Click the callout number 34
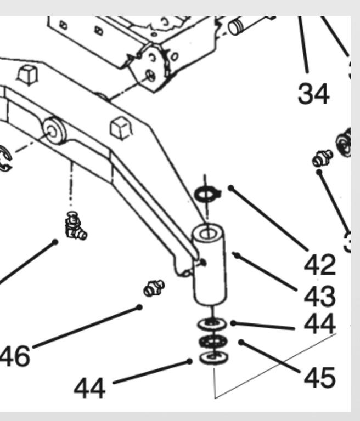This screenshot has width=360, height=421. (313, 94)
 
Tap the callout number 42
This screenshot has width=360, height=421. (319, 265)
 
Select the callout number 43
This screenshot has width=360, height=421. (319, 297)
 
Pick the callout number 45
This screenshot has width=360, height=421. (319, 377)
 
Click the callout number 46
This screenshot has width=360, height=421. (15, 357)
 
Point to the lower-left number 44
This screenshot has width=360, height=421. (89, 389)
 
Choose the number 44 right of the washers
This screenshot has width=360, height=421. (319, 325)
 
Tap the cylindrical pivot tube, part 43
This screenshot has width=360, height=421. (209, 269)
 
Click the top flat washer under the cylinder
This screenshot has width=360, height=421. (210, 324)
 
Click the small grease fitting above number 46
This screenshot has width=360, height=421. (153, 287)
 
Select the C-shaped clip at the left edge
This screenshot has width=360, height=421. (5, 160)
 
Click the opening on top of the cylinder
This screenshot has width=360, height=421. (207, 234)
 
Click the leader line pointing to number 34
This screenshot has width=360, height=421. (303, 44)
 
